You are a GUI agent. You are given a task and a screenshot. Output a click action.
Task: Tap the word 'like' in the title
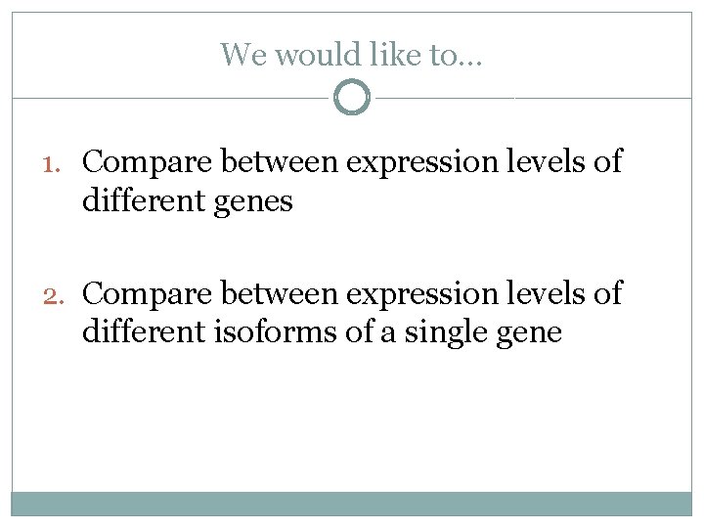396,55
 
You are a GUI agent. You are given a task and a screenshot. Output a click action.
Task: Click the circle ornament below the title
352,98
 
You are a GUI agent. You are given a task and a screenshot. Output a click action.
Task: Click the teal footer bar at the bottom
352,503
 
